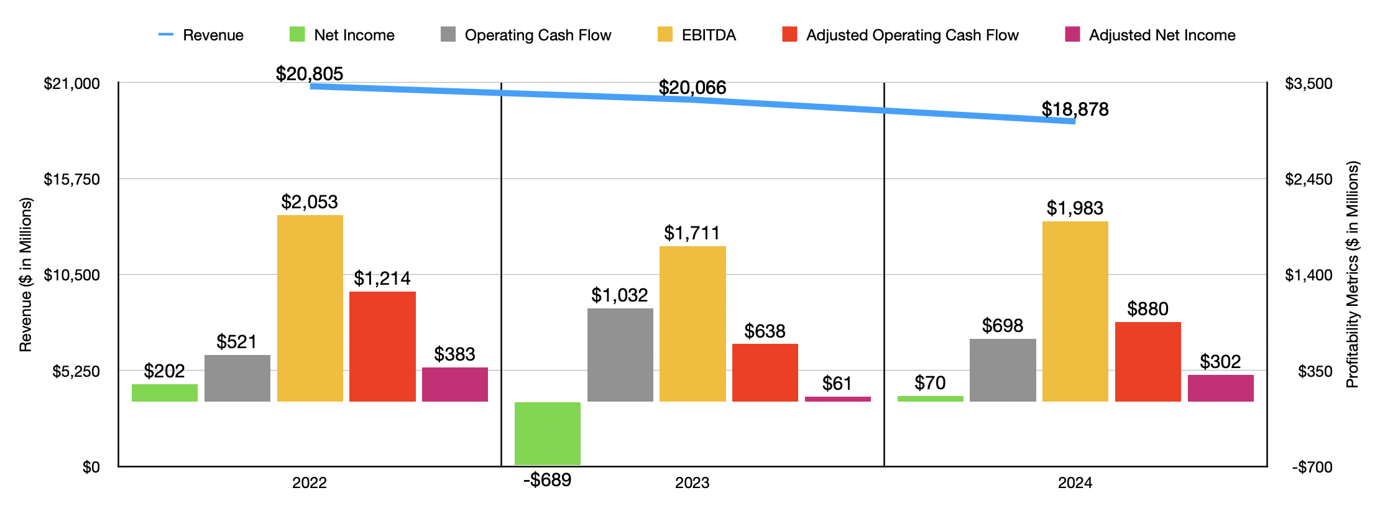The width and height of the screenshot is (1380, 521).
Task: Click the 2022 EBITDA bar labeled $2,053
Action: (310, 308)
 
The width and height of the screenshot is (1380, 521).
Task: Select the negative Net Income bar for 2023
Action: (547, 433)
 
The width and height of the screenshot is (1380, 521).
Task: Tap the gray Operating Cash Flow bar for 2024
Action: (1003, 370)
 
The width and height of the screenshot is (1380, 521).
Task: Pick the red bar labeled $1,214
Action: (382, 346)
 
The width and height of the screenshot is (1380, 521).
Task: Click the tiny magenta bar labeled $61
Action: (837, 399)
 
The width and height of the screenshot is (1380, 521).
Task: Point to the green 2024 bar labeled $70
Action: (930, 399)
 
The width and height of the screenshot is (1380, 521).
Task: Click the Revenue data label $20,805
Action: (309, 74)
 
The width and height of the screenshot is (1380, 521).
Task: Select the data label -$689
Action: (547, 480)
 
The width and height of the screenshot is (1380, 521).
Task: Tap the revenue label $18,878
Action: (1075, 109)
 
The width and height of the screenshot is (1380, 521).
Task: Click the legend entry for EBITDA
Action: (697, 35)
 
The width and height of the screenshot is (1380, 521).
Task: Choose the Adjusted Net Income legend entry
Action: (1150, 35)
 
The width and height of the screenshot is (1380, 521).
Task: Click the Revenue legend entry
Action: (201, 35)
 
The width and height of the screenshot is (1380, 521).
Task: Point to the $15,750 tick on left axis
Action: (71, 179)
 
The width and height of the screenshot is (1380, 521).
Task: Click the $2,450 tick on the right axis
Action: (1309, 179)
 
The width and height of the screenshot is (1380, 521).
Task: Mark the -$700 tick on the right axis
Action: (1312, 467)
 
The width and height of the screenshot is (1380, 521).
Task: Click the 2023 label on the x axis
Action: (692, 483)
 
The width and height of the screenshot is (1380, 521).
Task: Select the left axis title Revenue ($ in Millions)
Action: (25, 274)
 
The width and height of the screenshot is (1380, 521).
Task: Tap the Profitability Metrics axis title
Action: (1353, 274)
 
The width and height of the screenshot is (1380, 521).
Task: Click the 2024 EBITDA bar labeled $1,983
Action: (1075, 311)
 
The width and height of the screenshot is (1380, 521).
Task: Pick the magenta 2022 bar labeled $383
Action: (454, 384)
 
